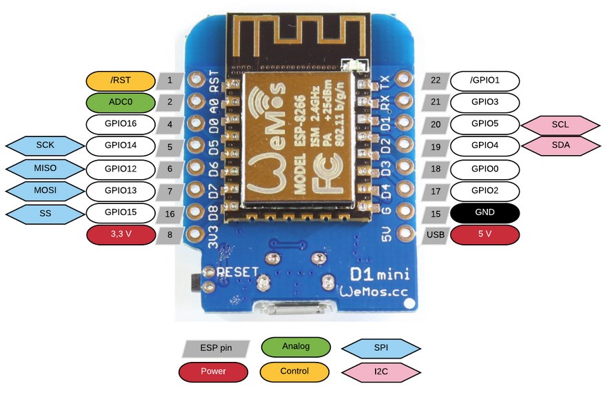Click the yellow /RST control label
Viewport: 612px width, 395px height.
pos(121,81)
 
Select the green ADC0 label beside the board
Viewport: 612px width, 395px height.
pos(121,103)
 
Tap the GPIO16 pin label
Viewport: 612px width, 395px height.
pos(121,125)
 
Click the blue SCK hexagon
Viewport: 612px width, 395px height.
pos(46,146)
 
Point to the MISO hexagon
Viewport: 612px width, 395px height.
pos(46,168)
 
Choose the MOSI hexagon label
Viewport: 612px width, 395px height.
pos(46,190)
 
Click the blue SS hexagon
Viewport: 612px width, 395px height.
pos(46,214)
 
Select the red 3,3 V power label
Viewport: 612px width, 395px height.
pos(121,234)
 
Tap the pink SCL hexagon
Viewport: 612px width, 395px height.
pos(560,125)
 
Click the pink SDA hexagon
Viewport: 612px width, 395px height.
pos(560,146)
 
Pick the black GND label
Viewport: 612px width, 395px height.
pos(485,213)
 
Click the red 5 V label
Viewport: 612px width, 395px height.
pos(485,234)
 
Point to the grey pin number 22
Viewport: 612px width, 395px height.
pos(435,81)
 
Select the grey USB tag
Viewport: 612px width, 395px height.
pos(435,234)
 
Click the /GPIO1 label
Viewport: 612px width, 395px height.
pos(485,81)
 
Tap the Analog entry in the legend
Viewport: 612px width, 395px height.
pos(296,346)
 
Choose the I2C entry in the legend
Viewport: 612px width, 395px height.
pos(381,372)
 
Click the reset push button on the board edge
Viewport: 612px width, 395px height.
pos(193,283)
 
